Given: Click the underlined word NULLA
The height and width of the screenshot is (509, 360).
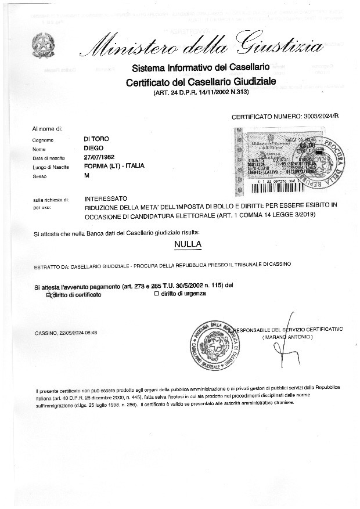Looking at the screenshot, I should point(188,244).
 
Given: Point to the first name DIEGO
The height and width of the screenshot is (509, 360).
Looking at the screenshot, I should point(94,148).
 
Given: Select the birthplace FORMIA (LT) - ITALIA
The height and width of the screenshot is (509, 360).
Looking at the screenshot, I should point(114,165).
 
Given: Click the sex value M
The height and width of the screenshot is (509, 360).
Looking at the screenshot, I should point(87,175).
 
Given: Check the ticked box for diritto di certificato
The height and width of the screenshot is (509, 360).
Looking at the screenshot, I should point(49,295).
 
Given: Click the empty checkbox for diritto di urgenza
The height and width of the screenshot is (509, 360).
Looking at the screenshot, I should point(156,294).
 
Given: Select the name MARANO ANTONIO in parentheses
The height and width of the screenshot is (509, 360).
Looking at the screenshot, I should point(287,337).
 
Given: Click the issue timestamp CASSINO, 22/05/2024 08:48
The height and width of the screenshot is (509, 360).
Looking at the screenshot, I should point(66,333).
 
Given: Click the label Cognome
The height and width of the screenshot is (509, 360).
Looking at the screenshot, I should point(44,140).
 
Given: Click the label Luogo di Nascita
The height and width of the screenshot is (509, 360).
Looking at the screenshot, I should point(48,167).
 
